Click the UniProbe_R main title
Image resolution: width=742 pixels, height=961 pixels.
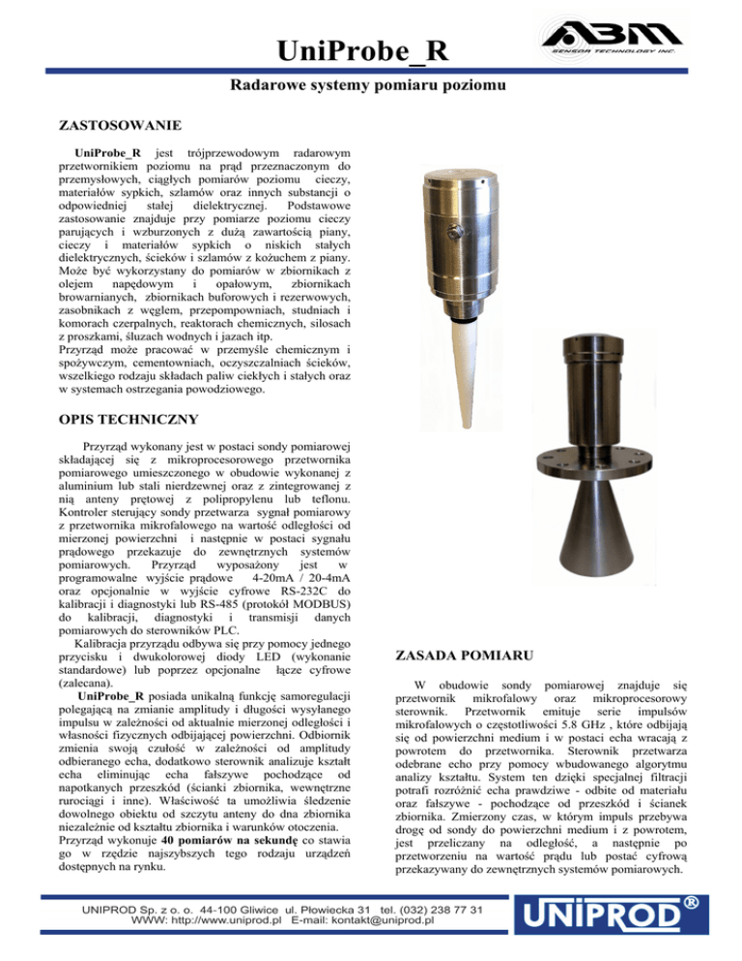coord(371,49)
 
